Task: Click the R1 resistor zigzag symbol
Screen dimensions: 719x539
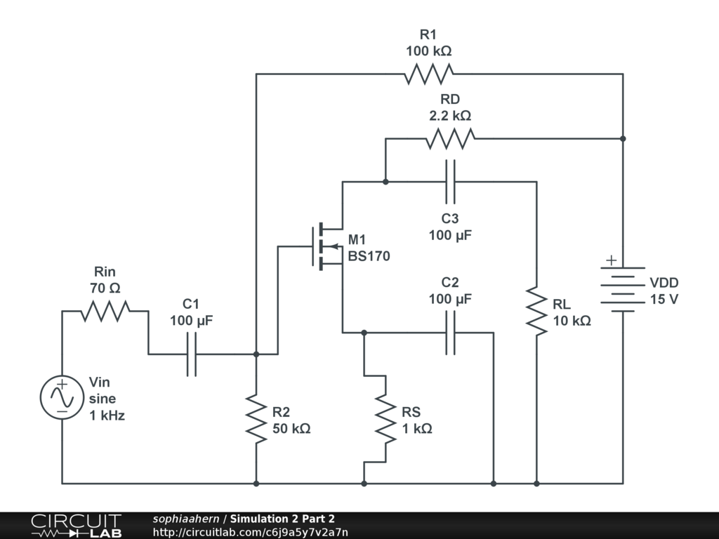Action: pyautogui.click(x=429, y=74)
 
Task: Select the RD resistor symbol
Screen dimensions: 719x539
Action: pyautogui.click(x=450, y=138)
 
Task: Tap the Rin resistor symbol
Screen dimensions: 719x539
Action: pyautogui.click(x=105, y=311)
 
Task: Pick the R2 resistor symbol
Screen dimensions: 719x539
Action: pyautogui.click(x=256, y=419)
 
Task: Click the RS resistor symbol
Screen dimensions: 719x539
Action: pyautogui.click(x=385, y=419)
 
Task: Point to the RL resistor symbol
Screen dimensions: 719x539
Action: pyautogui.click(x=536, y=311)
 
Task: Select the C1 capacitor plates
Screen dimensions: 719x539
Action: pyautogui.click(x=192, y=354)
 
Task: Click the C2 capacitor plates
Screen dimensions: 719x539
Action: pyautogui.click(x=450, y=333)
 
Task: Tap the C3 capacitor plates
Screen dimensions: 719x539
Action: pyautogui.click(x=450, y=182)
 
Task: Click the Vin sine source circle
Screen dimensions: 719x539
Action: pyautogui.click(x=62, y=397)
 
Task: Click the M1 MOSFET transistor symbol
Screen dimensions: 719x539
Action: pyautogui.click(x=326, y=246)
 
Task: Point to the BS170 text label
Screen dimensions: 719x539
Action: pyautogui.click(x=369, y=255)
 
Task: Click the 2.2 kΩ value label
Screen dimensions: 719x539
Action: pyautogui.click(x=450, y=116)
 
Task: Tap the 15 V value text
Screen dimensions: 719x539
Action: pyautogui.click(x=664, y=299)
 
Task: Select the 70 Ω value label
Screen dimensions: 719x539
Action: pyautogui.click(x=105, y=288)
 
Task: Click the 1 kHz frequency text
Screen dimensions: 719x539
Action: pyautogui.click(x=107, y=415)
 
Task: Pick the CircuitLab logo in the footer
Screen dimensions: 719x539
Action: pyautogui.click(x=77, y=526)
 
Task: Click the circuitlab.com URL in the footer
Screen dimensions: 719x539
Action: pyautogui.click(x=251, y=533)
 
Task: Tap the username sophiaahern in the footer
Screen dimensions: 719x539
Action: pyautogui.click(x=185, y=519)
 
